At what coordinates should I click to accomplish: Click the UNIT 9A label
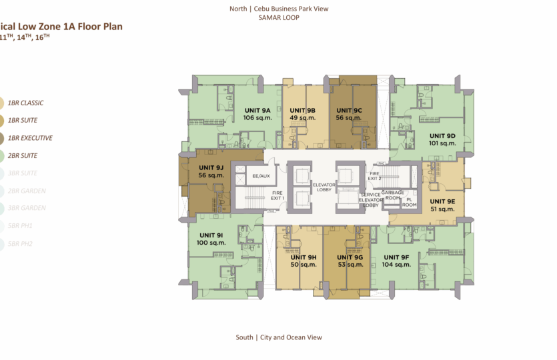point(257,110)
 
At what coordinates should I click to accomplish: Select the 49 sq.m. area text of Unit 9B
point(302,118)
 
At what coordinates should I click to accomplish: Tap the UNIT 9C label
point(349,110)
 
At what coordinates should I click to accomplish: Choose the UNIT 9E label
point(442,201)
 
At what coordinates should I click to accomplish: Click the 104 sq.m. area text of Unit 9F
point(396,265)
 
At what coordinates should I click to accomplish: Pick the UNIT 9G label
point(350,257)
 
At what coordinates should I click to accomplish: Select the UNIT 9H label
point(303,257)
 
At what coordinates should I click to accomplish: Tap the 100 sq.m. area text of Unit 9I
point(211,243)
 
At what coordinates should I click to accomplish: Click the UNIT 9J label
point(211,167)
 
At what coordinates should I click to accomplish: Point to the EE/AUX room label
point(260,176)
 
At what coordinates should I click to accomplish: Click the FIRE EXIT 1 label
point(277,195)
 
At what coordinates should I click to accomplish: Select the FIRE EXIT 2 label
point(375,175)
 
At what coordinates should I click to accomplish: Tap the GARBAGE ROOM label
point(393,195)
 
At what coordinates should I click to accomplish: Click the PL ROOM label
point(410,202)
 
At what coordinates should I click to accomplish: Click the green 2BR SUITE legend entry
point(23,155)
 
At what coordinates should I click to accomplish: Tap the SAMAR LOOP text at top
point(278,17)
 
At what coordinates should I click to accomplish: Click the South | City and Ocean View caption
point(278,337)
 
